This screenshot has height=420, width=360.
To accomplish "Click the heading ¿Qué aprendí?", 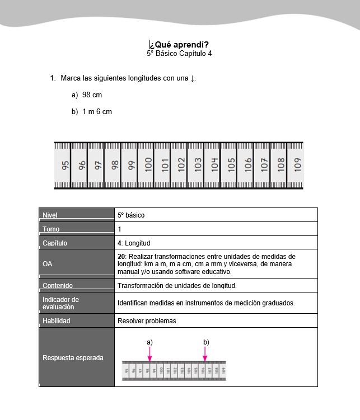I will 179,45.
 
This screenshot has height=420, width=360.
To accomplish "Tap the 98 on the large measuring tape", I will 115,165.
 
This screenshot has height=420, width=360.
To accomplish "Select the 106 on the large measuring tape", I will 248,165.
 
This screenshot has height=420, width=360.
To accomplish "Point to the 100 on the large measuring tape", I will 148,165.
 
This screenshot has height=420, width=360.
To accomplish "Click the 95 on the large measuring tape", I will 66,165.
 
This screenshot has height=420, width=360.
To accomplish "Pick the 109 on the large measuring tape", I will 298,165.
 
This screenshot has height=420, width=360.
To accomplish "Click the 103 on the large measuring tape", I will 198,165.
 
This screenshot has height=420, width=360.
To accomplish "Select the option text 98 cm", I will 92,95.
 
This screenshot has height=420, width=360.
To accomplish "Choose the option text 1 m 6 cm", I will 97,111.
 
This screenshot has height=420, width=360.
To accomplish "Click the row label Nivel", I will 50,215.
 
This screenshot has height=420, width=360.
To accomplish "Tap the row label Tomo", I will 51,229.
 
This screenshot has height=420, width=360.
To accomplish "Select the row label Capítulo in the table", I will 55,243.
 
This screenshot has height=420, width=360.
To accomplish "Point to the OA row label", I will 48,264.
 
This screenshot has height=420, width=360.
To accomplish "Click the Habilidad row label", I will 57,321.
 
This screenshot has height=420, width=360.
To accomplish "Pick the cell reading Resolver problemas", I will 147,321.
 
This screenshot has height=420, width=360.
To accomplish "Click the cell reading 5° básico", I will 131,215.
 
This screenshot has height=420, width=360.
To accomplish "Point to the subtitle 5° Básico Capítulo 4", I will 179,54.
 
